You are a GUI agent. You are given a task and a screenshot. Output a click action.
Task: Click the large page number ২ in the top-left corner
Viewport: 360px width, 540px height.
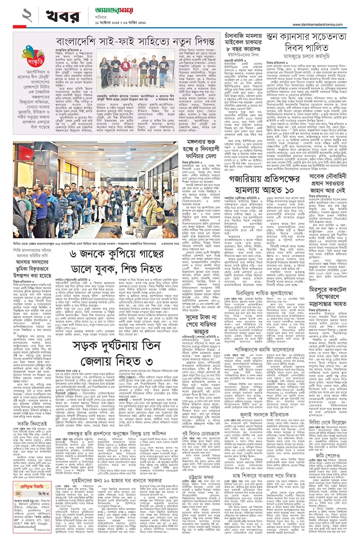[x=11, y=15]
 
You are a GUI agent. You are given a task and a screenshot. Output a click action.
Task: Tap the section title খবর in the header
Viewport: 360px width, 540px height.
[x=45, y=15]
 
